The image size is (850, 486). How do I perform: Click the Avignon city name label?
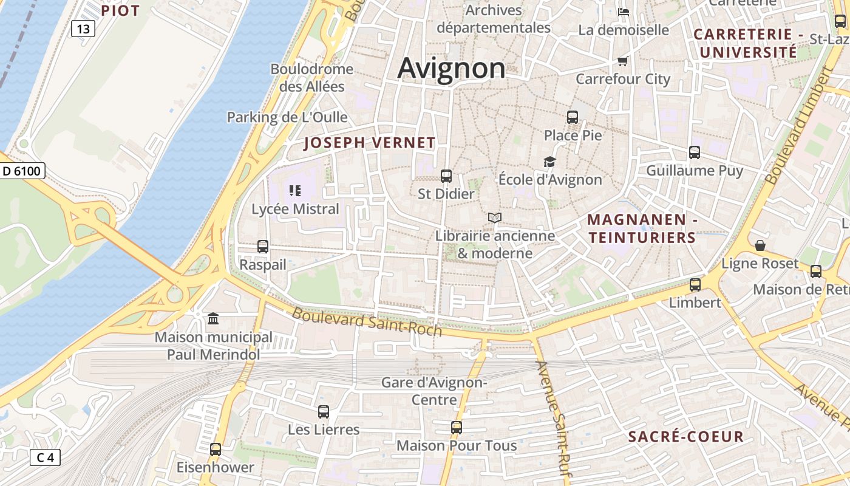(x=451, y=67)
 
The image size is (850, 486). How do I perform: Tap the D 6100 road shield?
(x=22, y=171)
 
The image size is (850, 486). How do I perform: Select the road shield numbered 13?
(x=83, y=29)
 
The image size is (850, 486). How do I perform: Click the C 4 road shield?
(x=45, y=457)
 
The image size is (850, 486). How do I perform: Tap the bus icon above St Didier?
(x=446, y=176)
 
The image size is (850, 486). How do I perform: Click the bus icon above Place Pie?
(x=573, y=117)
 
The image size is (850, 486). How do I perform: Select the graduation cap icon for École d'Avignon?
(x=549, y=162)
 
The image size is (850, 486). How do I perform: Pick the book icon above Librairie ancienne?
(x=495, y=217)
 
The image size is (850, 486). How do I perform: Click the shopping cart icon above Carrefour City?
(x=622, y=61)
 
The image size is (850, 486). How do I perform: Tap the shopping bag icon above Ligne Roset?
(x=760, y=245)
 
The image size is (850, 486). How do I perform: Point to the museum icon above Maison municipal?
(x=213, y=318)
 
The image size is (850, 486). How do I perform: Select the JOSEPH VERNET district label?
(x=369, y=143)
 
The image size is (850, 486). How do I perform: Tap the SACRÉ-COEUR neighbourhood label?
(x=685, y=436)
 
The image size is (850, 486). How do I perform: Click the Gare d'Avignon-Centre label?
(x=434, y=391)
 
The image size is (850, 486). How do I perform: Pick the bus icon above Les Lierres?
(x=324, y=412)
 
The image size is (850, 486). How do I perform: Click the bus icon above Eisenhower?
(x=216, y=450)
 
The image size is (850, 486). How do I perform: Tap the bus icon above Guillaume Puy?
(x=695, y=152)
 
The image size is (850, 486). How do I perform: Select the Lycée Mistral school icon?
(x=295, y=191)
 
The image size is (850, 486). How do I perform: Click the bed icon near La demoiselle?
(x=623, y=12)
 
